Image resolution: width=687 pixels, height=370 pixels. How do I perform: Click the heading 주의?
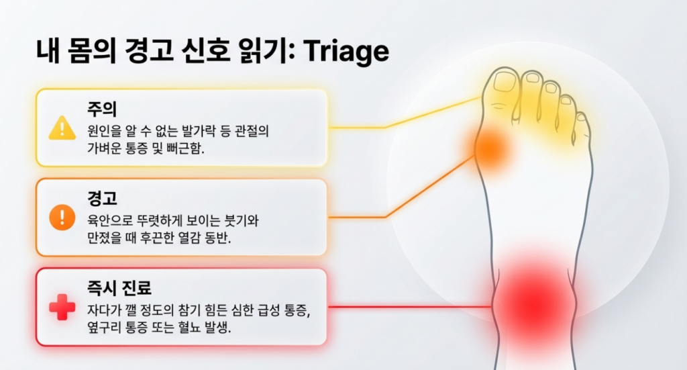tap(100, 108)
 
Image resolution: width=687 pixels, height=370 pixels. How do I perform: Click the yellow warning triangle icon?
tap(62, 128)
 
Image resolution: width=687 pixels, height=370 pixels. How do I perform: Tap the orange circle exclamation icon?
tap(62, 217)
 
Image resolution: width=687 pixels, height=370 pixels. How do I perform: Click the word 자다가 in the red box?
tap(103, 310)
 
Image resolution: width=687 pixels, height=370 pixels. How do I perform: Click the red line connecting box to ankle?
tap(409, 307)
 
